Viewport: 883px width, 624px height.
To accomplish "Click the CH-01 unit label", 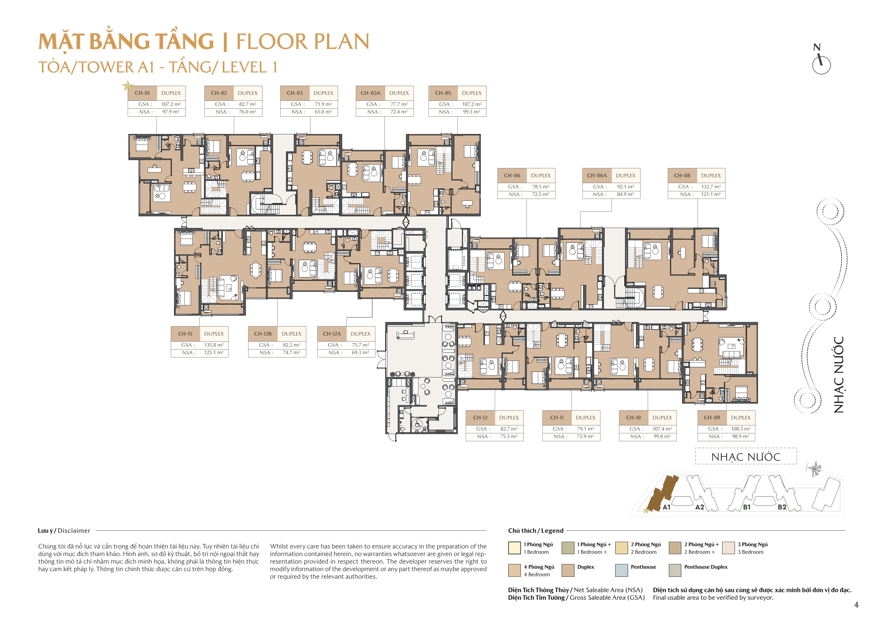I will tap(142, 93).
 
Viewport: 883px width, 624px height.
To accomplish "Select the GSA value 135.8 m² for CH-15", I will tap(214, 345).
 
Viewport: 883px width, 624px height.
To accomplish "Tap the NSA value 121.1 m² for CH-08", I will tap(711, 194).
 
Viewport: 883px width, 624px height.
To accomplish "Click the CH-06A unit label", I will tap(596, 175).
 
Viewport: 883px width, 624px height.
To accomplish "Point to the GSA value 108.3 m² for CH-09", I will tap(740, 429).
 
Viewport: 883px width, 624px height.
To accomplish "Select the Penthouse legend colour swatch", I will tap(621, 570).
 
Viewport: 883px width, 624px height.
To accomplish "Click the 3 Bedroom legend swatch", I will tap(728, 548).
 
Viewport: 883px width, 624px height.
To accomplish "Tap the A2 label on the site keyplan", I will tap(699, 507).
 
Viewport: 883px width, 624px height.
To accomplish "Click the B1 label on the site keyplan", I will tap(747, 507).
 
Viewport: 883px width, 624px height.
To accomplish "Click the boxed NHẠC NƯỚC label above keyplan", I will tap(745, 457).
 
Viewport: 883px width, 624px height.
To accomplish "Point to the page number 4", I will tap(856, 605).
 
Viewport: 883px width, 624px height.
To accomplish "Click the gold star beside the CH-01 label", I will tap(127, 86).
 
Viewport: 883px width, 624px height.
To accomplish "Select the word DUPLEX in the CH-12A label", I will tap(360, 334).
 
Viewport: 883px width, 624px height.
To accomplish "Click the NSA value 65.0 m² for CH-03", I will tap(323, 112).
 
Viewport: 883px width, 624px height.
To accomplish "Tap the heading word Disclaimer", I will tap(74, 531).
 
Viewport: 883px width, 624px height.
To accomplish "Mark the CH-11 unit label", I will tap(556, 418).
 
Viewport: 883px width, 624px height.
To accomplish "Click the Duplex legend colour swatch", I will tap(568, 570).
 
